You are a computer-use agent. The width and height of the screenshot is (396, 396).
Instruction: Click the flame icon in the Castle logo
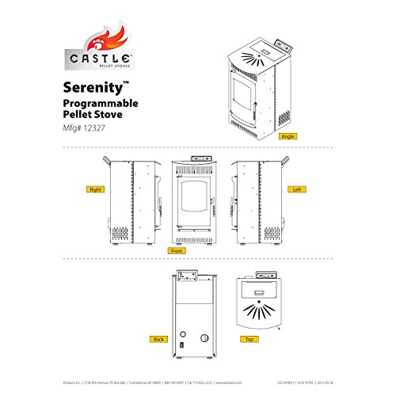click(x=101, y=38)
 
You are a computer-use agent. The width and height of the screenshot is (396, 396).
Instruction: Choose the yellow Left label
click(x=296, y=190)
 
